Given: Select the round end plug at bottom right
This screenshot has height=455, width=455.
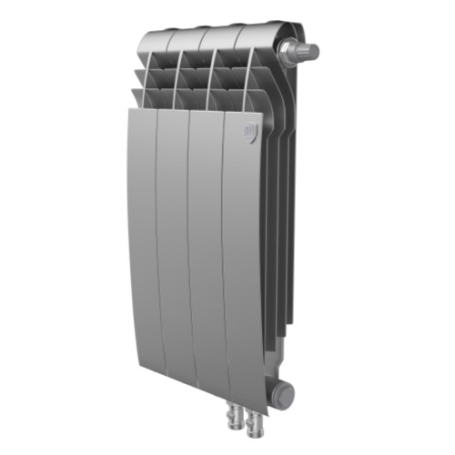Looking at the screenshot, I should (x=286, y=394).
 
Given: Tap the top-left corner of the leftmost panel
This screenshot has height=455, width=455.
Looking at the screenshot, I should (x=129, y=111).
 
